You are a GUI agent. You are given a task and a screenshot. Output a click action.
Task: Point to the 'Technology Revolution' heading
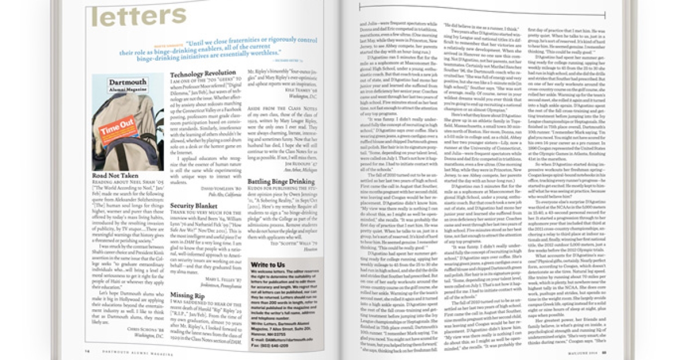pos(203,75)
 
